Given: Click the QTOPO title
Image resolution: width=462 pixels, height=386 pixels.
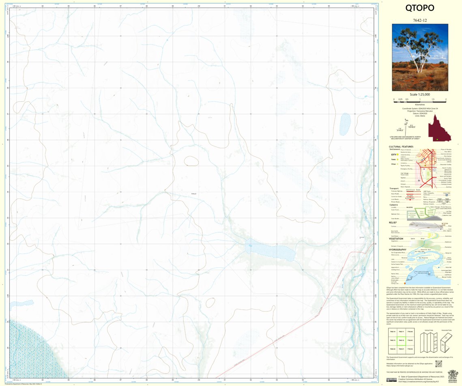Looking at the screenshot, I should pyautogui.click(x=420, y=8).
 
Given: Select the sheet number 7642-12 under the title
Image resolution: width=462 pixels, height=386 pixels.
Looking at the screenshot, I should pyautogui.click(x=420, y=20).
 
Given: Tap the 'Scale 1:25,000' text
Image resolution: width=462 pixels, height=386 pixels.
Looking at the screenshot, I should pyautogui.click(x=420, y=94).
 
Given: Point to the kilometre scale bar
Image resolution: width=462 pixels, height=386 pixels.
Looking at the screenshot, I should pyautogui.click(x=420, y=99).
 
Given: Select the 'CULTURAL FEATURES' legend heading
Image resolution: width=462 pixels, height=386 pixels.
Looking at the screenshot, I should pyautogui.click(x=401, y=147).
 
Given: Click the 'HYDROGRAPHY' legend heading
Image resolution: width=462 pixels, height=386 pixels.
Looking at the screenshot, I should pyautogui.click(x=398, y=250).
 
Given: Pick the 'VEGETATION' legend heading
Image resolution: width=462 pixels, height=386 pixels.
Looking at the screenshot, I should pyautogui.click(x=396, y=239).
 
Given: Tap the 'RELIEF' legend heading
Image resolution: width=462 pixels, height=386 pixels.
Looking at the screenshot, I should pyautogui.click(x=393, y=222).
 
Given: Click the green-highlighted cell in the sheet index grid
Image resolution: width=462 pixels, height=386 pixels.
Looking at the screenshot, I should pyautogui.click(x=401, y=340).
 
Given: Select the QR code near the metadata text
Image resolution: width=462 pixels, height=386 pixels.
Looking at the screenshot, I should pyautogui.click(x=438, y=363).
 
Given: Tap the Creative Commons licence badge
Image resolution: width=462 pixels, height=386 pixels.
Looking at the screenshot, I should pyautogui.click(x=391, y=380).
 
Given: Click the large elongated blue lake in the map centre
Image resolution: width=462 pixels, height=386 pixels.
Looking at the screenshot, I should pyautogui.click(x=270, y=252).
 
